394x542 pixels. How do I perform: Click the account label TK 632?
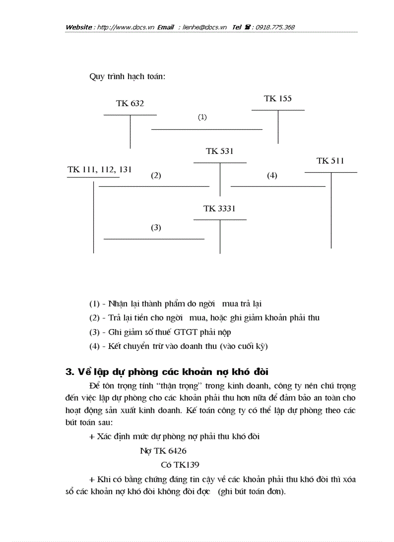[x=130, y=103]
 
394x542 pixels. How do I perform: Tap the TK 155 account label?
[x=278, y=98]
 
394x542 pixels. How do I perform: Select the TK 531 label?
[x=220, y=151]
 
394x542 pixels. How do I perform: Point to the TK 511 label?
[x=330, y=161]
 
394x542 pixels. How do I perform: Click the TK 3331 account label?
[x=220, y=208]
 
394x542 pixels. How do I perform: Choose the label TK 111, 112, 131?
[x=99, y=169]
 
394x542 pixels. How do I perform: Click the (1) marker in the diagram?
[x=202, y=117]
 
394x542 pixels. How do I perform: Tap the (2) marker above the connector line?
[x=155, y=176]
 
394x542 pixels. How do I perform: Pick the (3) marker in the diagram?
[x=155, y=227]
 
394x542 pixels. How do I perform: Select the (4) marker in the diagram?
[x=272, y=176]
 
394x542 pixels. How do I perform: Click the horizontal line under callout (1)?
[x=207, y=129]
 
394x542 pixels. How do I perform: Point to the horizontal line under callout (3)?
[x=154, y=238]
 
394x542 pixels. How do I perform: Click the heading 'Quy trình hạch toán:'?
[x=127, y=77]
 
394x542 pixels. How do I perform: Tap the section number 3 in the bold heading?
[x=68, y=372]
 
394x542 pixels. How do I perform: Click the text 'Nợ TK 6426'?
[x=163, y=451]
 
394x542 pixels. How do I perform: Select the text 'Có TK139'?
[x=180, y=465]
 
